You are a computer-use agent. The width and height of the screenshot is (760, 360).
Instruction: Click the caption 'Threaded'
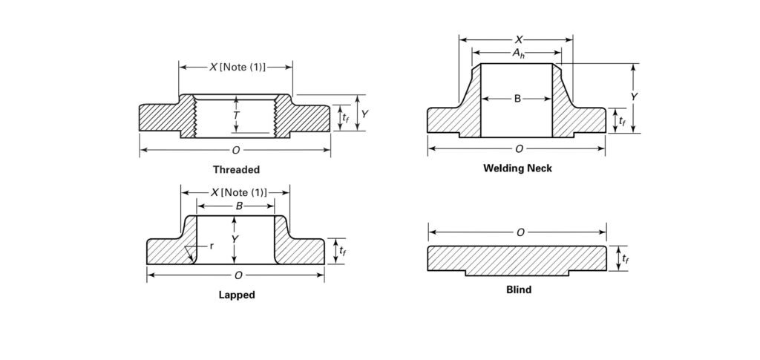tap(236, 170)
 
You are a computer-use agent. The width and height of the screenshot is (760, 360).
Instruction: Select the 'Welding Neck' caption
tap(517, 168)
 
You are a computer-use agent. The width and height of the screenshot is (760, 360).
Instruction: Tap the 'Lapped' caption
tap(237, 295)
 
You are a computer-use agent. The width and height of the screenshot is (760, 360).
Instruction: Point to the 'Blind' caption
tap(518, 289)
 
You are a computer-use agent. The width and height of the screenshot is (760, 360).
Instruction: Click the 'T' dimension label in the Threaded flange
tap(236, 116)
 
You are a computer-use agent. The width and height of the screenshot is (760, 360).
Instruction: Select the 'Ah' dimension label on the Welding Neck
tap(517, 53)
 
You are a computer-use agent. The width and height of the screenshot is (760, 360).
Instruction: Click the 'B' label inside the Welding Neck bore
tap(517, 99)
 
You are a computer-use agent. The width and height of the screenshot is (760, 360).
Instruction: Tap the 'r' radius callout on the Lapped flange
tap(212, 246)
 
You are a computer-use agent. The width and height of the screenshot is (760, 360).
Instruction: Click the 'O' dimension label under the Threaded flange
tap(236, 150)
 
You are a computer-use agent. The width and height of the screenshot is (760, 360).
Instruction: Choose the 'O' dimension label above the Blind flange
tap(520, 232)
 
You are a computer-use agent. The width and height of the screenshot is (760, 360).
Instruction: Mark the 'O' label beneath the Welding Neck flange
tap(519, 149)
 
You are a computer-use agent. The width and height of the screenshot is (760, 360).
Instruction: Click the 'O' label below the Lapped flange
tap(238, 275)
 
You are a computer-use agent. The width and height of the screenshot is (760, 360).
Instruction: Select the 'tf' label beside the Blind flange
tap(626, 258)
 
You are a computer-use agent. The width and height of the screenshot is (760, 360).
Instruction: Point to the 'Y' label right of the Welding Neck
tap(634, 97)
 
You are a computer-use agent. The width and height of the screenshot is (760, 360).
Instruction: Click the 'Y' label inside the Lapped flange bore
tap(235, 239)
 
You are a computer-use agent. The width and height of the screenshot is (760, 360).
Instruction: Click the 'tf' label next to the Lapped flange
tap(342, 251)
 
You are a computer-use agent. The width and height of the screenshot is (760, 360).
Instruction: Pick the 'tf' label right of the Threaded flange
tap(345, 117)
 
